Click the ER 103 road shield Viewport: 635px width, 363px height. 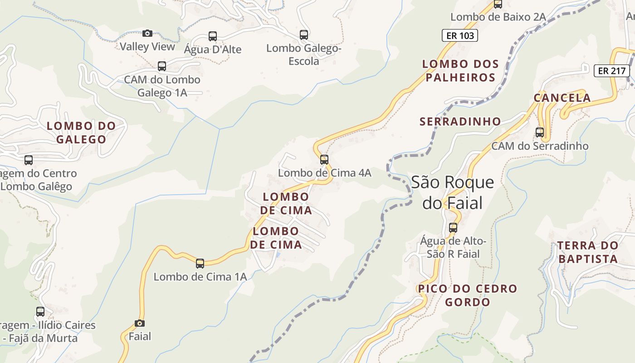coord(460,35)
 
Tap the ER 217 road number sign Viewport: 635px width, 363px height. coord(612,71)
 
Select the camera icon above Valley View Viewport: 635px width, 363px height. coord(147,33)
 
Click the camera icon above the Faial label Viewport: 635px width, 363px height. coord(140,323)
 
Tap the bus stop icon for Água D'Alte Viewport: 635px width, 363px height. coord(212,36)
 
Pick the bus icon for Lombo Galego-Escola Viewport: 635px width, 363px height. coord(304,34)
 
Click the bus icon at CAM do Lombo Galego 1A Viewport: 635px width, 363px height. coord(162,66)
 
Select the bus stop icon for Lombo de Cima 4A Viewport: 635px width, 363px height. coord(324,160)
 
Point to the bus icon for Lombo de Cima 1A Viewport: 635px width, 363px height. coord(200,263)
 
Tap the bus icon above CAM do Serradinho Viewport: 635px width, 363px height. coord(540,132)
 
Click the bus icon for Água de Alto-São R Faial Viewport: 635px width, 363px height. coord(453,228)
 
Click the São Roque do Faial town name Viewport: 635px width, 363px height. coord(452,192)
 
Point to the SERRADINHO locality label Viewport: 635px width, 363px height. coord(460,122)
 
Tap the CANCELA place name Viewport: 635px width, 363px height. coord(562,98)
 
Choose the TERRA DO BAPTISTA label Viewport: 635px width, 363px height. coord(587,252)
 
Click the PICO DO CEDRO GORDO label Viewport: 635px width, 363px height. coord(467,295)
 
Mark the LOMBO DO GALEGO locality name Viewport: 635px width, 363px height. coord(81,132)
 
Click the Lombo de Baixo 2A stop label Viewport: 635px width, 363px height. coord(498,17)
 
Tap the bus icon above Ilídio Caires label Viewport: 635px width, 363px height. coord(40,312)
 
